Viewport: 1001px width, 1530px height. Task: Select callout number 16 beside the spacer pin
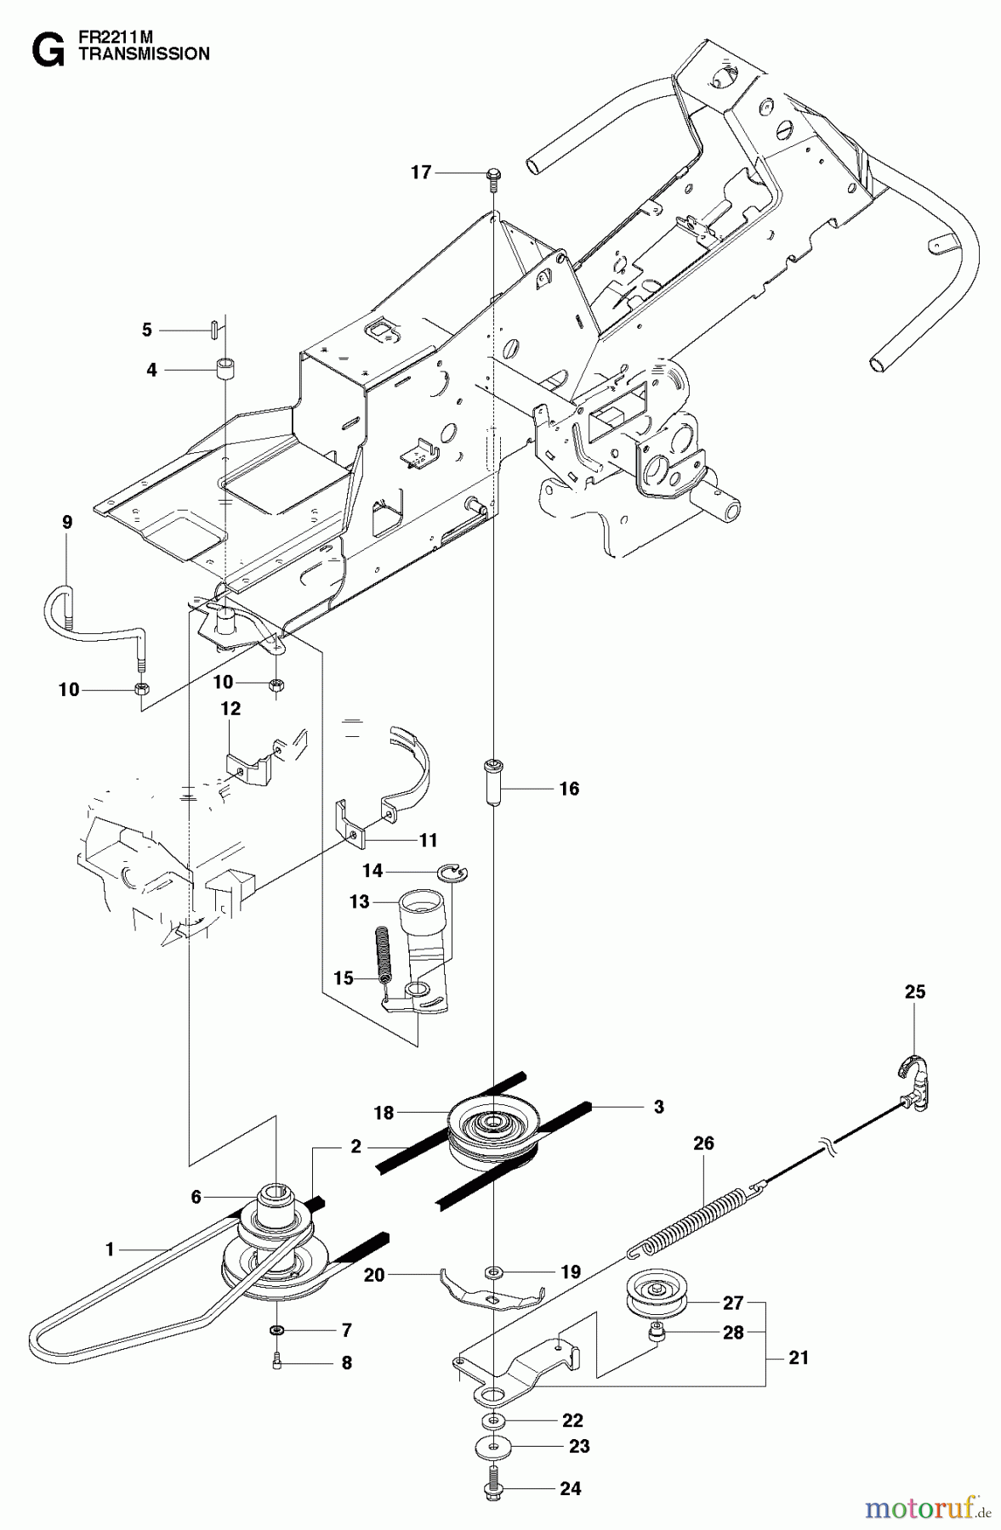point(569,789)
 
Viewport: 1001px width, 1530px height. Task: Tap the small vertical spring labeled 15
point(384,955)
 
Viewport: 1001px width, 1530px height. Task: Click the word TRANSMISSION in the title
point(143,54)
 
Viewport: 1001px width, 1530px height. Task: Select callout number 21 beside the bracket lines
point(799,1358)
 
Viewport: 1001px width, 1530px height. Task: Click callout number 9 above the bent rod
point(67,522)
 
